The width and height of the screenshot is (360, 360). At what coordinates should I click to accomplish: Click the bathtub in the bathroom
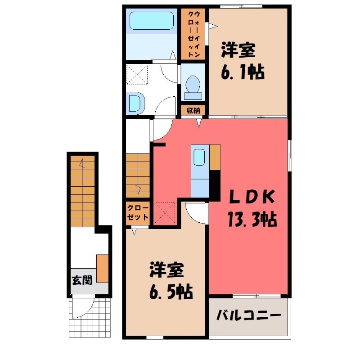point(151,21)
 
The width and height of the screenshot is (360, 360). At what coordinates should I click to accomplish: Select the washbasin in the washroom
point(136,103)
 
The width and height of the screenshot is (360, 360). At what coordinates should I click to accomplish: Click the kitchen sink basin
point(199,157)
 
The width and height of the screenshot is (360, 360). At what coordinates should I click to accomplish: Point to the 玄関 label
point(82,280)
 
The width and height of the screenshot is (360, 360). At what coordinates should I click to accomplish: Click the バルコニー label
point(249,315)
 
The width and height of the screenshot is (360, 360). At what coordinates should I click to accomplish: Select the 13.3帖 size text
point(252,219)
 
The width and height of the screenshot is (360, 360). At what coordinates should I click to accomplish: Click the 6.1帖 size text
point(243,72)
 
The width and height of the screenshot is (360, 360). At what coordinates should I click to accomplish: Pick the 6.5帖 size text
point(171,292)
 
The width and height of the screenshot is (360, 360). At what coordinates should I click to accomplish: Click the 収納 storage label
point(193,110)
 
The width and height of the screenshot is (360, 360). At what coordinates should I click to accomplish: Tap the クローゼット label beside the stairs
point(138,212)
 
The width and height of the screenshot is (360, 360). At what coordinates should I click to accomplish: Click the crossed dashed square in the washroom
point(137,74)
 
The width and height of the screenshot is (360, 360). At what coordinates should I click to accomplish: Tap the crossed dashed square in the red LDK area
point(165,212)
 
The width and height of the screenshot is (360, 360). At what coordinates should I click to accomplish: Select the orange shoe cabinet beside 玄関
point(103,268)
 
